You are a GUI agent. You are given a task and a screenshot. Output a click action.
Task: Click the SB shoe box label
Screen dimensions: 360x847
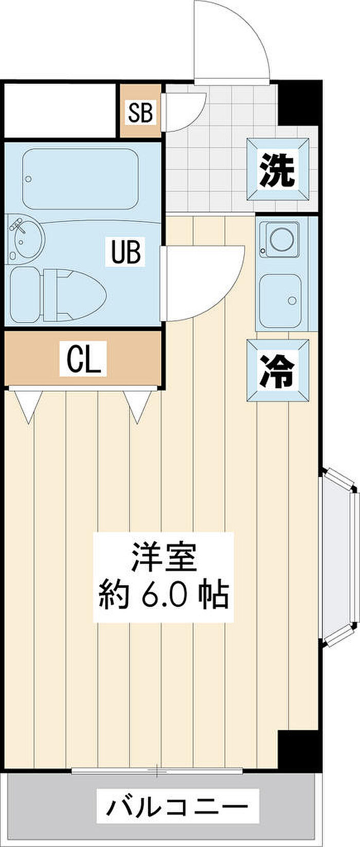tap(140, 112)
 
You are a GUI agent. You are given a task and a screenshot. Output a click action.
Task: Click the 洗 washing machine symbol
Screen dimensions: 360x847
tap(278, 170)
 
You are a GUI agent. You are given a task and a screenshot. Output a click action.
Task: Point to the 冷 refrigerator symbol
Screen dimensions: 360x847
tap(278, 370)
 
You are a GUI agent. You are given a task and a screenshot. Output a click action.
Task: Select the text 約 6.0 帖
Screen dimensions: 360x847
tap(164, 595)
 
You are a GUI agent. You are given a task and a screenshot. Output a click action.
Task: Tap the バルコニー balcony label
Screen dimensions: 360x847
tap(177, 808)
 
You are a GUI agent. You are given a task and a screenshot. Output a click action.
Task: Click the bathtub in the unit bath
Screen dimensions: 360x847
tap(80, 179)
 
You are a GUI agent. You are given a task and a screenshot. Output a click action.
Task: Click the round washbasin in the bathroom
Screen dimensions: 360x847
tap(28, 239)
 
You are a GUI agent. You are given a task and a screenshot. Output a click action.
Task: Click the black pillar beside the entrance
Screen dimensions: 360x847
tap(300, 102)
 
